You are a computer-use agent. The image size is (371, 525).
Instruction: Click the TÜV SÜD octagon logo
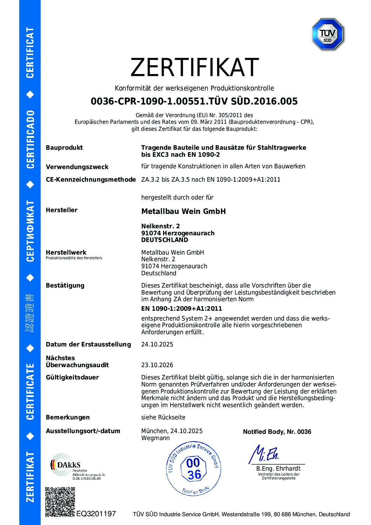click(x=328, y=34)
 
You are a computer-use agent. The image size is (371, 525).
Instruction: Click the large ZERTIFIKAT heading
click(x=194, y=67)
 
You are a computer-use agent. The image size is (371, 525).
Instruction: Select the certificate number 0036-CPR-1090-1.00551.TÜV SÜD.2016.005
click(x=194, y=101)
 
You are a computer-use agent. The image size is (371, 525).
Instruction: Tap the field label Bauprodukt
click(x=64, y=148)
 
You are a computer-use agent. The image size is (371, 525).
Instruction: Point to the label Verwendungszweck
click(x=77, y=167)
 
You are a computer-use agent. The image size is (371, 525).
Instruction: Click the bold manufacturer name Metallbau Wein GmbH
click(x=183, y=211)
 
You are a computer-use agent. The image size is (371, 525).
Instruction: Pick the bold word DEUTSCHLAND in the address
click(x=164, y=240)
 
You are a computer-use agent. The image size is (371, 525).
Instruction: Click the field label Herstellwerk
click(x=66, y=253)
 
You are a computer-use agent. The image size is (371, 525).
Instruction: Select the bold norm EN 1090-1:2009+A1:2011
click(x=181, y=309)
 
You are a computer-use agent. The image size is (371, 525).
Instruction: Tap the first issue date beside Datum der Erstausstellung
click(x=157, y=344)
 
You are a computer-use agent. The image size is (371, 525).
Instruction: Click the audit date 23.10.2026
click(x=157, y=365)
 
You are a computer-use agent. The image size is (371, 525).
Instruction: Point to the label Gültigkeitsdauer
click(x=72, y=377)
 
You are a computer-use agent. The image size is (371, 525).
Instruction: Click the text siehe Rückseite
click(x=163, y=417)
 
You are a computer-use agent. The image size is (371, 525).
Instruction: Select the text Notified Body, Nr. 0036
click(x=277, y=432)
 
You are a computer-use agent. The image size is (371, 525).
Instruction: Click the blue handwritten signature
click(x=264, y=455)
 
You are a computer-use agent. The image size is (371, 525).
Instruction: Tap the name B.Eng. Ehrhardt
click(x=278, y=469)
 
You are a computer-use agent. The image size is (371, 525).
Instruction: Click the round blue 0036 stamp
click(x=194, y=469)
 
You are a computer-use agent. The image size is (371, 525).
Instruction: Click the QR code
click(x=60, y=502)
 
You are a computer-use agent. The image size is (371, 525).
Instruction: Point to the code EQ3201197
click(x=96, y=514)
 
